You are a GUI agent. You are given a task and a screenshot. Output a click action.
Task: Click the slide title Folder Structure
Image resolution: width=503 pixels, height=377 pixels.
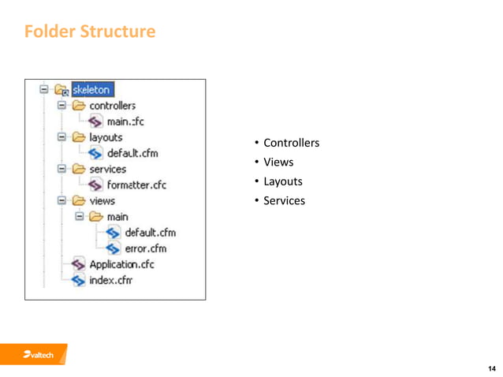tap(90, 32)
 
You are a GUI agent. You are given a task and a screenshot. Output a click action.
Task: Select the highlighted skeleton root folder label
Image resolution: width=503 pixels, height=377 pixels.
tap(93, 90)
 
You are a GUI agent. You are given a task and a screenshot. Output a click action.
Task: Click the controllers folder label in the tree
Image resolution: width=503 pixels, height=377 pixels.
tap(112, 106)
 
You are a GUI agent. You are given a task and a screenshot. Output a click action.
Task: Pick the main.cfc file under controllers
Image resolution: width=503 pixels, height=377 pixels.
tap(125, 121)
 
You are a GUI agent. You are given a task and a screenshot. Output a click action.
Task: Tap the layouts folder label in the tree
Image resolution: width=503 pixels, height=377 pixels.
tap(106, 137)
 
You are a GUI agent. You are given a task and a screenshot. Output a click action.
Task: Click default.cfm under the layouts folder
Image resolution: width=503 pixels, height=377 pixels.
tap(132, 153)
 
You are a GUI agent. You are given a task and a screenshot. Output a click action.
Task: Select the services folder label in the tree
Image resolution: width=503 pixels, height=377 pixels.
tap(107, 169)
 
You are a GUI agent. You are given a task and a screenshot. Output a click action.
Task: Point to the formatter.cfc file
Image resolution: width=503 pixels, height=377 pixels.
tap(136, 185)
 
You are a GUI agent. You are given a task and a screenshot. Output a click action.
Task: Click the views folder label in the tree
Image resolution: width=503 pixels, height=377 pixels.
tap(102, 201)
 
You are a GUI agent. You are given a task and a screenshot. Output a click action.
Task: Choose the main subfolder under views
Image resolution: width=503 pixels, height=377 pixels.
tap(117, 217)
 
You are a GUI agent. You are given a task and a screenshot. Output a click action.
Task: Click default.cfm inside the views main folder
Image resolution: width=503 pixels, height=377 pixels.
tap(150, 233)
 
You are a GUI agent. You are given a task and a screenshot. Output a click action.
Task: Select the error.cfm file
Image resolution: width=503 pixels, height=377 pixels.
tap(145, 248)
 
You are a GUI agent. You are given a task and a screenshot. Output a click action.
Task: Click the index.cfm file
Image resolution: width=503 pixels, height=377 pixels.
tap(110, 280)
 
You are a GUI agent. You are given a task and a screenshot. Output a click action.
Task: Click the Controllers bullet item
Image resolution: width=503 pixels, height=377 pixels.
tap(291, 143)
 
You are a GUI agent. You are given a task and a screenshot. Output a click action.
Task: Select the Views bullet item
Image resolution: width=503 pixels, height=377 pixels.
tap(278, 162)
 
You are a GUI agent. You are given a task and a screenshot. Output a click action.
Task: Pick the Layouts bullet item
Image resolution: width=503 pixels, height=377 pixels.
tap(282, 181)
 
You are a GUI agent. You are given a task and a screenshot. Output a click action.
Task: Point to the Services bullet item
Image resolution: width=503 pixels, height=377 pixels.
tap(284, 200)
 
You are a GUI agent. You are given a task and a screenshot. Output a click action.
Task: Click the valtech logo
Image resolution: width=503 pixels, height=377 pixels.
tap(38, 356)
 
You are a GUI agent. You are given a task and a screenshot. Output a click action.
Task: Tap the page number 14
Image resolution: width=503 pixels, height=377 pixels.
tap(492, 368)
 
